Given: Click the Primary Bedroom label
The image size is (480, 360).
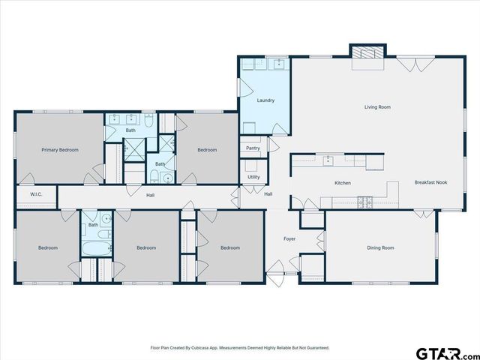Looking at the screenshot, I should tap(60, 150).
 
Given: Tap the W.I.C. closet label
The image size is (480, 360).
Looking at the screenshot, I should tap(36, 195).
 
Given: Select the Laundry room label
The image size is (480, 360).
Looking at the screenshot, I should tap(265, 100).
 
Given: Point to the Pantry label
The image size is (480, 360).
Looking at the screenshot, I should tap(253, 148).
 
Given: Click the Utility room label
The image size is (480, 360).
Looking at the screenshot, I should tap(253, 177).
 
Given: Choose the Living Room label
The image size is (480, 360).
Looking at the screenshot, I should tap(377, 107).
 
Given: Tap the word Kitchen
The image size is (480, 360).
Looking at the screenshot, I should tap(343, 183).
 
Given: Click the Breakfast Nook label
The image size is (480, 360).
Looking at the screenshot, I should tap(430, 183).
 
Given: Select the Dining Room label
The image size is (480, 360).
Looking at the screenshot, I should tap(380, 247).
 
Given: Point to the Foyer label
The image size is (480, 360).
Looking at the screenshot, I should tap(289, 239).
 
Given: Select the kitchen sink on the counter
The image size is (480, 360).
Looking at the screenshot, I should tap(328, 160).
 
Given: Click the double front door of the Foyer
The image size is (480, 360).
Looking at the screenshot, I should tap(278, 269).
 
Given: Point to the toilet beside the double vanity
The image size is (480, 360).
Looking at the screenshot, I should tap(148, 120).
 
